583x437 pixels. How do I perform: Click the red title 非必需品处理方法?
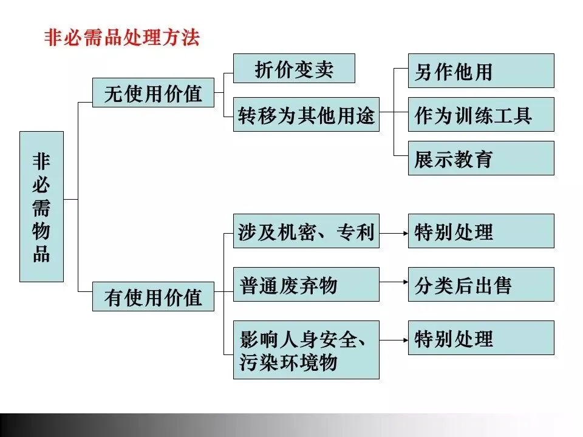(x=122, y=38)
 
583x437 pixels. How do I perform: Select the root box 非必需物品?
(x=41, y=206)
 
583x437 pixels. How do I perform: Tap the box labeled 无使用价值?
(x=153, y=93)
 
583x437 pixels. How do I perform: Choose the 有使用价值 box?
(x=153, y=297)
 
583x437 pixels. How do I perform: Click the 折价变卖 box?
(x=294, y=69)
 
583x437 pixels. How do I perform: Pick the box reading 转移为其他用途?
(x=306, y=115)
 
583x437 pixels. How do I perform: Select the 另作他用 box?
(x=480, y=71)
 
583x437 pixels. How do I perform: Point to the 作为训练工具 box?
(x=480, y=115)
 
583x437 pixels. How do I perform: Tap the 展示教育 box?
(x=480, y=158)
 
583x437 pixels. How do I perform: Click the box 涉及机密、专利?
(x=306, y=231)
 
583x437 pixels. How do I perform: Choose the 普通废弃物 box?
(x=306, y=285)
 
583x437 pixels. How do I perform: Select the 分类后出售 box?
(x=480, y=285)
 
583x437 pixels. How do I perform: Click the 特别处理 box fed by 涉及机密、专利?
(x=480, y=231)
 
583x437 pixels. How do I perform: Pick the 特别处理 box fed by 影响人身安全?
(x=480, y=338)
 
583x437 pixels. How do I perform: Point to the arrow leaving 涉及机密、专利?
(x=394, y=231)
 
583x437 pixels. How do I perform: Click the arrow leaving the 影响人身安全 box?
(x=394, y=338)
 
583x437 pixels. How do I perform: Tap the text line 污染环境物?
(x=288, y=363)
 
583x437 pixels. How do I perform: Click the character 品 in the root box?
(x=41, y=254)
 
